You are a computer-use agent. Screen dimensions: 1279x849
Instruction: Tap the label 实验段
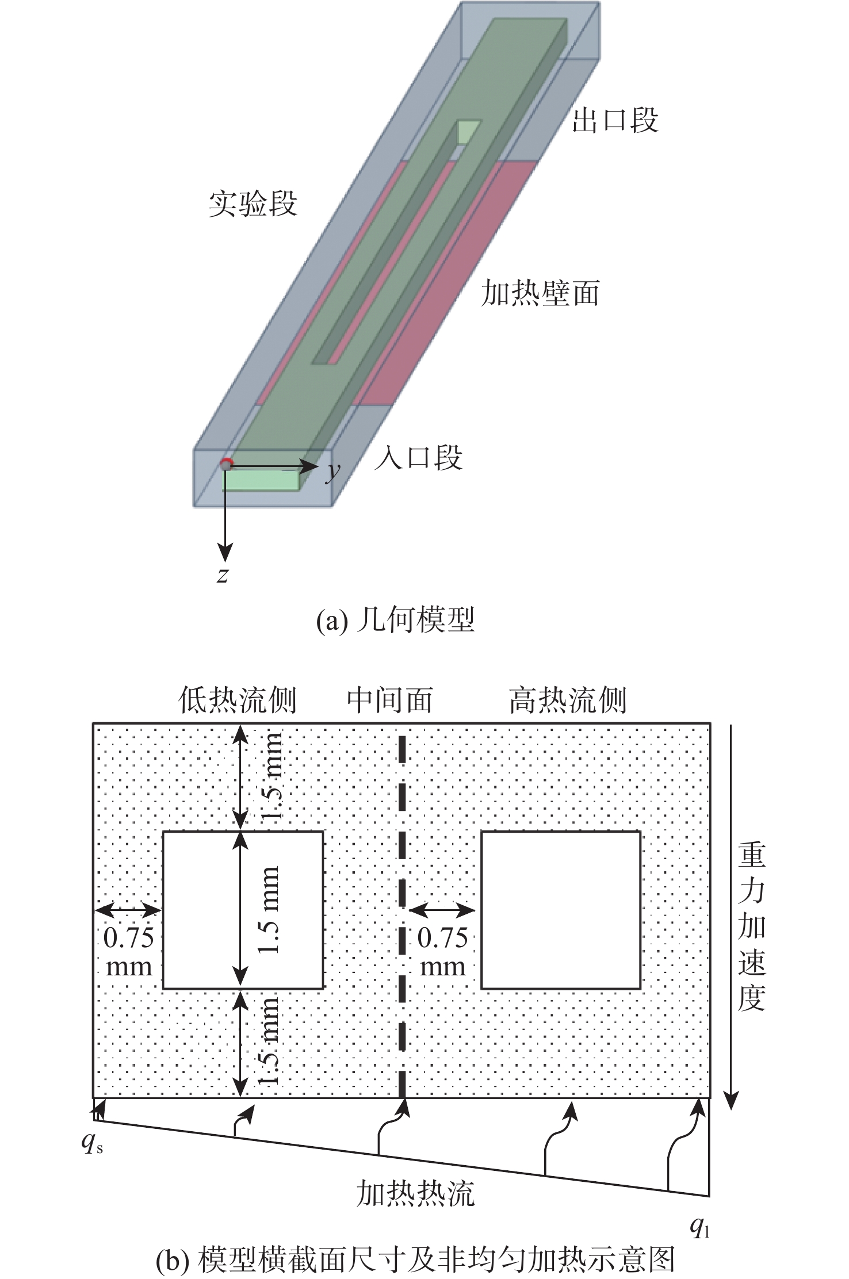point(253,204)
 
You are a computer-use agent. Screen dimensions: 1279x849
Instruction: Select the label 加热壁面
point(540,293)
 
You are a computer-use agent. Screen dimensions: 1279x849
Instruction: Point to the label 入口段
point(418,458)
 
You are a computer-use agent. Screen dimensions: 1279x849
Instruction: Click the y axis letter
point(333,471)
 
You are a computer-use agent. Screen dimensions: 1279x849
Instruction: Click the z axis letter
point(223,574)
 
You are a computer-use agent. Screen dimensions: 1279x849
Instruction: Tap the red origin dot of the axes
point(226,464)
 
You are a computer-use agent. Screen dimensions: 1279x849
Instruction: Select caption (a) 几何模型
point(395,621)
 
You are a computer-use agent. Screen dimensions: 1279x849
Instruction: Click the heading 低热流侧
point(237,700)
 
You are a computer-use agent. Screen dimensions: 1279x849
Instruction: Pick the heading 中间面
point(389,700)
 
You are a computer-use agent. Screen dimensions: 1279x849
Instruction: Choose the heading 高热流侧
point(568,700)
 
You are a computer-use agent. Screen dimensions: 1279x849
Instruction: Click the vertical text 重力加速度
point(751,926)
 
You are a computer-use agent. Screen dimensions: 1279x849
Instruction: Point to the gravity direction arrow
point(731,914)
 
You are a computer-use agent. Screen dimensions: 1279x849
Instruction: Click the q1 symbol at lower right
point(699,1228)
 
